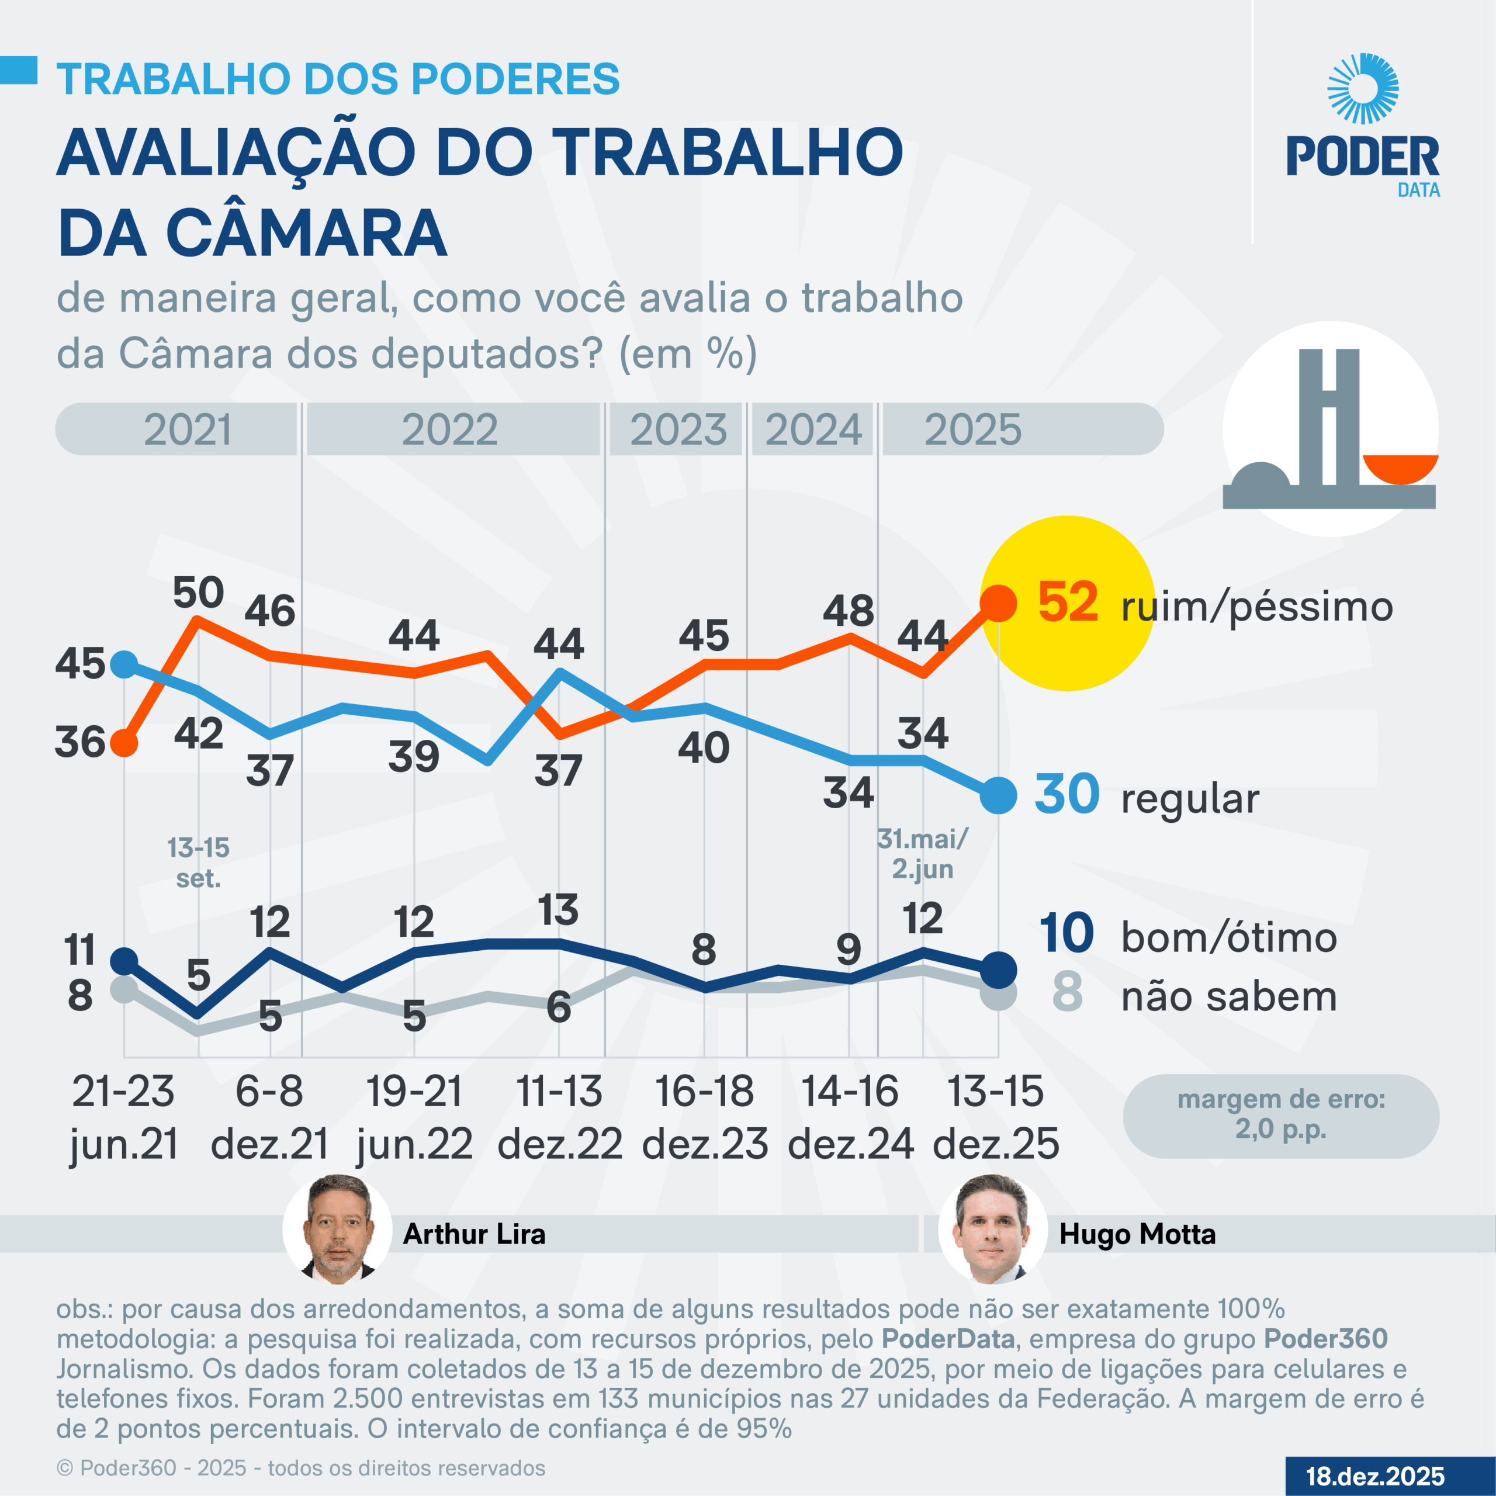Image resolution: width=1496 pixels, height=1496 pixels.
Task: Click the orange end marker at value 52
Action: tap(998, 603)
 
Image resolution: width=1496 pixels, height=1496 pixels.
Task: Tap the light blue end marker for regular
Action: tap(998, 795)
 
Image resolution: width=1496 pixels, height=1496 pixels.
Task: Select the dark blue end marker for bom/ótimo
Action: tap(998, 969)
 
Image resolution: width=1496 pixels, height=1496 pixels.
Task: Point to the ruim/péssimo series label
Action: tap(1256, 607)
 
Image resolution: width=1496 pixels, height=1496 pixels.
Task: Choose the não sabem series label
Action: tap(1229, 996)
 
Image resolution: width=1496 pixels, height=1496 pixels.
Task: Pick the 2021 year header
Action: tap(188, 430)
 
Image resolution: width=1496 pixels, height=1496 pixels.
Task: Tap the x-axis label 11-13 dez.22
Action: tap(559, 1117)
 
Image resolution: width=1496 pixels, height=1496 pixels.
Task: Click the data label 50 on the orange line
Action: tap(198, 593)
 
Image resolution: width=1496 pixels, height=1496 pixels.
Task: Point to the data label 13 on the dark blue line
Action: tap(558, 910)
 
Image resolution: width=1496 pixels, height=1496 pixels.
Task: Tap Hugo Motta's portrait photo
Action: tap(992, 1230)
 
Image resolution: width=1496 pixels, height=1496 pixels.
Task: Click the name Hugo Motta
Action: tap(1137, 1234)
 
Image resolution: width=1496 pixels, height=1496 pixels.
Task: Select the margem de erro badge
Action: tap(1281, 1115)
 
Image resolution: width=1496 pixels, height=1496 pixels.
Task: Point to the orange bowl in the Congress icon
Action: tap(1400, 469)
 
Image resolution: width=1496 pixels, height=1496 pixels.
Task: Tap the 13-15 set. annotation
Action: tap(198, 863)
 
